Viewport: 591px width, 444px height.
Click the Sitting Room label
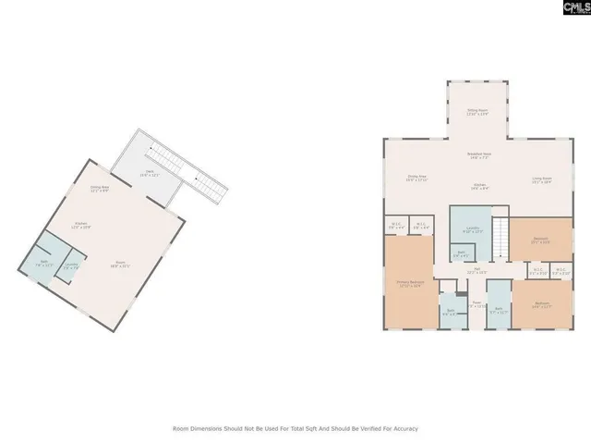click(476, 111)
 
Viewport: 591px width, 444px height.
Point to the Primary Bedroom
click(409, 284)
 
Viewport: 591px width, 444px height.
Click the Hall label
click(476, 271)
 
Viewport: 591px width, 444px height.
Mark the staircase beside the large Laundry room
click(500, 240)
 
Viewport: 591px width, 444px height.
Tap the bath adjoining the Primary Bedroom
click(450, 312)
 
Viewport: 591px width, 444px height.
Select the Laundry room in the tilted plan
click(71, 269)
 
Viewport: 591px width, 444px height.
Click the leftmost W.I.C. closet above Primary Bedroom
click(396, 225)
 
